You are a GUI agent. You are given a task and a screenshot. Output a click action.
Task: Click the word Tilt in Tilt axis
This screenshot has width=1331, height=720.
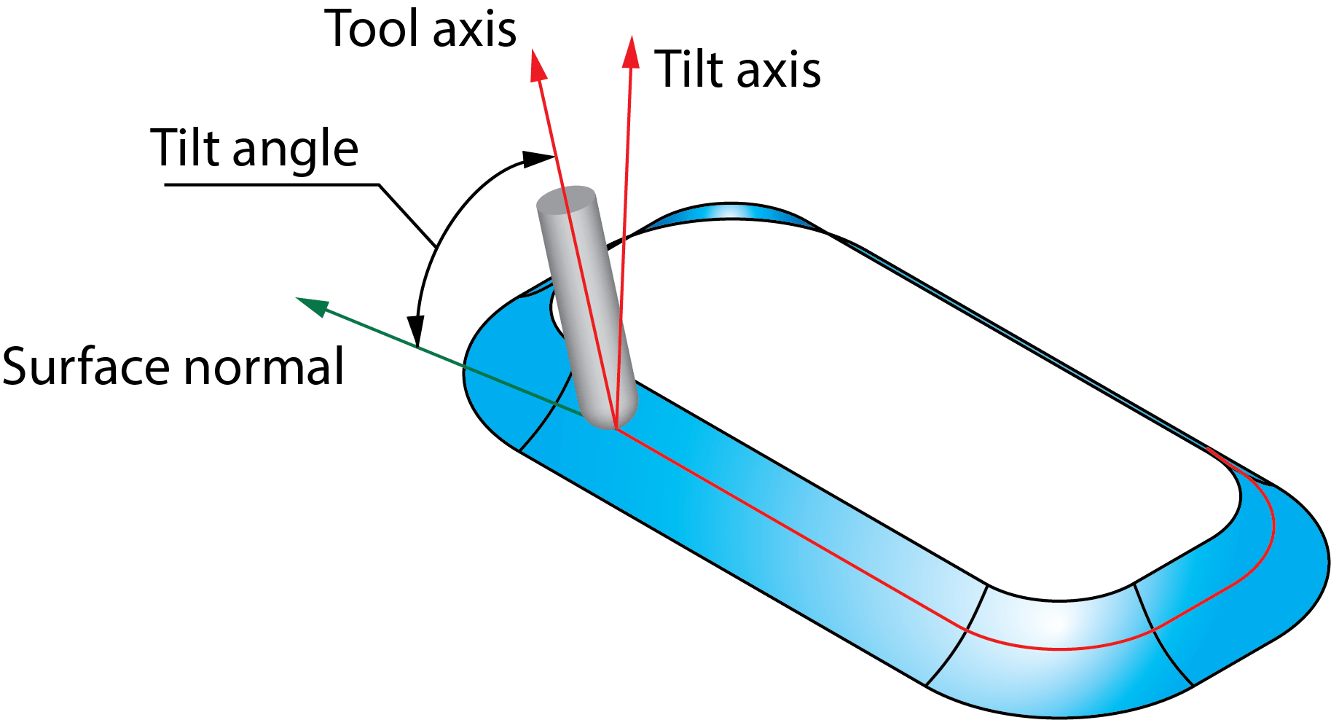tap(683, 70)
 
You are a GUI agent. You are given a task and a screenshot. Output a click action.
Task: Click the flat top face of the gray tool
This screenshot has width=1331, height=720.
tap(567, 200)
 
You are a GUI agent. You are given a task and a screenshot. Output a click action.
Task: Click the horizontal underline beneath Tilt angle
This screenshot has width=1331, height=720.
tap(270, 184)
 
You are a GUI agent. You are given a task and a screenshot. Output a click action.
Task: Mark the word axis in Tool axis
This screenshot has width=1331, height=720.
tap(474, 29)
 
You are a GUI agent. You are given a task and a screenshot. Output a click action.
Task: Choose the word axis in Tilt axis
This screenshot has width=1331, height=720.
tap(779, 70)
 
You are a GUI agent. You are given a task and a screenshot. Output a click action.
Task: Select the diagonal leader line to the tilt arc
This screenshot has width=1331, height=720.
tap(408, 215)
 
